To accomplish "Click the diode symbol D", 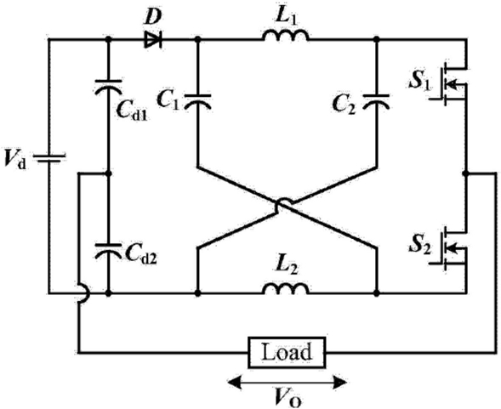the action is [x=153, y=40].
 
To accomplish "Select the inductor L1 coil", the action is [x=286, y=35].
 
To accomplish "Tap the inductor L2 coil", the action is [x=286, y=288].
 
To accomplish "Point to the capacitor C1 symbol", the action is [x=198, y=101].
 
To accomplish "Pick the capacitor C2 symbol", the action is [x=377, y=101].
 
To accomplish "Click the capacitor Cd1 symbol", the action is [x=108, y=87].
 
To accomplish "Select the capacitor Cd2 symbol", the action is [x=108, y=251].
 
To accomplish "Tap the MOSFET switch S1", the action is [x=451, y=83].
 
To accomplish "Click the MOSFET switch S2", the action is [x=451, y=248].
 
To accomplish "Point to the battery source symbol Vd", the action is [x=49, y=158].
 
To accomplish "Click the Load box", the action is [x=287, y=352].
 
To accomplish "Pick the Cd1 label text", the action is [x=132, y=111].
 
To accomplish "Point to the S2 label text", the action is [x=420, y=247].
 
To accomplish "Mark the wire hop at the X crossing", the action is [x=284, y=203].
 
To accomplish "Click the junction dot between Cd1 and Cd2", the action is [x=108, y=173].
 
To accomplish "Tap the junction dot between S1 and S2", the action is [x=465, y=173].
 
